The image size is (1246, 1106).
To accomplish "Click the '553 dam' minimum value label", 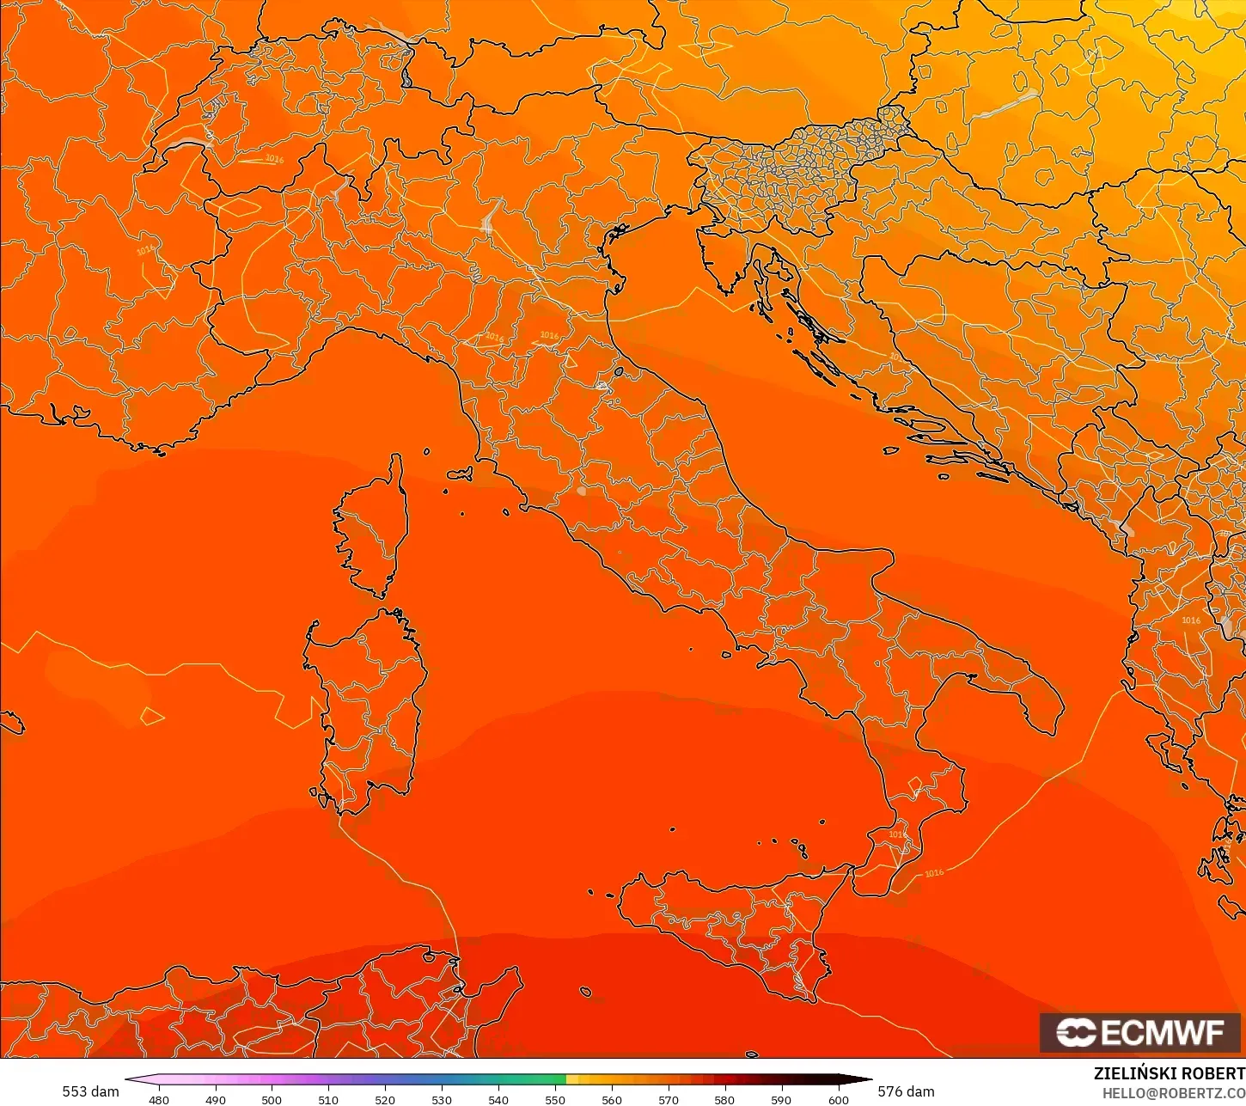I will pyautogui.click(x=90, y=1091).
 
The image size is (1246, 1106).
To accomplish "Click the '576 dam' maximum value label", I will pyautogui.click(x=906, y=1091).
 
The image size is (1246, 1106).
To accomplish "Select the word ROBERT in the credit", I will pyautogui.click(x=1212, y=1073).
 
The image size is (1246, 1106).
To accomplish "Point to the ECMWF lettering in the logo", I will pyautogui.click(x=1162, y=1032).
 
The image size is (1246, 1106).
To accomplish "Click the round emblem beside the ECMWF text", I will pyautogui.click(x=1075, y=1032).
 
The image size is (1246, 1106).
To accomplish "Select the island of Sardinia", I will pyautogui.click(x=370, y=705).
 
